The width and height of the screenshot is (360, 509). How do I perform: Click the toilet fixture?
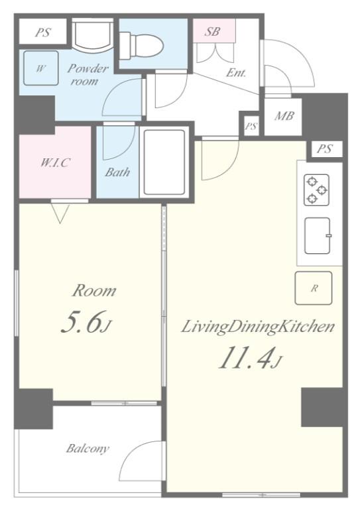[141, 46]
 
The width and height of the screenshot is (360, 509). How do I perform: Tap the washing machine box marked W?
[41, 68]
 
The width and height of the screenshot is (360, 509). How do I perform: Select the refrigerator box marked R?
[313, 288]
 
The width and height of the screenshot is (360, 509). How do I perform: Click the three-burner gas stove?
[316, 190]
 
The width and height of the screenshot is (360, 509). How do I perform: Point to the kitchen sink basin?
[318, 235]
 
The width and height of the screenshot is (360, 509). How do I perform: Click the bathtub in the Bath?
[164, 162]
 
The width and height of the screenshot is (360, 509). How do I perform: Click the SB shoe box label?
[213, 31]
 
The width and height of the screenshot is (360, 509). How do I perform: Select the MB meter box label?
[284, 115]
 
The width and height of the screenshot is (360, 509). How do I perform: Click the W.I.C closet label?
[54, 162]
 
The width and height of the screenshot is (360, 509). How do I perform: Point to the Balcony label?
[88, 449]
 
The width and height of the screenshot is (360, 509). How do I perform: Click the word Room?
[94, 290]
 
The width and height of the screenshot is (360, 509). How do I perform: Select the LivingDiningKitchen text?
[257, 327]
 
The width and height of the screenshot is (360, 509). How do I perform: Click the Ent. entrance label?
[236, 72]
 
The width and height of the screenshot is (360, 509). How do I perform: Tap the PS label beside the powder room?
[43, 32]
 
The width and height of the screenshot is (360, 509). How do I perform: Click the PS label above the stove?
[325, 148]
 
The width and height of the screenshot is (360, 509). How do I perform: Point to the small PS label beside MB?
[251, 126]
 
